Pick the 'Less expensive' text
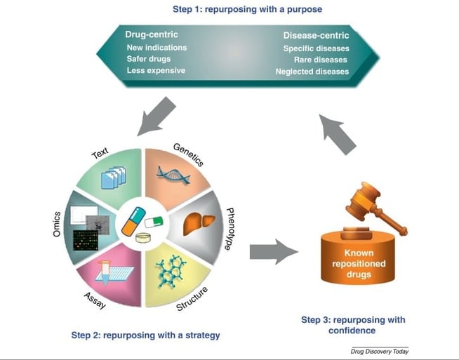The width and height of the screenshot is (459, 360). tap(156, 71)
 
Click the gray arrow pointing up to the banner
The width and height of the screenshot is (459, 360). tap(341, 134)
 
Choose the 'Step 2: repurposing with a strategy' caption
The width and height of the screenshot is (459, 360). tap(145, 335)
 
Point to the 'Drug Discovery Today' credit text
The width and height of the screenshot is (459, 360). tap(379, 351)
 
